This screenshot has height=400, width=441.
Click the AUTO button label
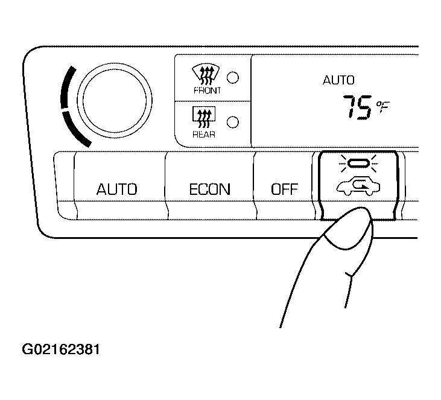point(116,189)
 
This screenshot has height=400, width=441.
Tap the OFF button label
point(284,189)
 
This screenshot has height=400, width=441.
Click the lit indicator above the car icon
point(358,163)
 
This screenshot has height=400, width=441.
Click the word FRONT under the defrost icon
point(207,90)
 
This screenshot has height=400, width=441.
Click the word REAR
point(204,135)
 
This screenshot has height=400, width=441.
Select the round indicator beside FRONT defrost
point(233,77)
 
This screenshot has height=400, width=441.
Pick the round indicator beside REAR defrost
point(233,122)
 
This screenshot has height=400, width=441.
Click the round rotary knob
point(115,100)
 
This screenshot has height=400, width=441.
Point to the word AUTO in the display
point(338,80)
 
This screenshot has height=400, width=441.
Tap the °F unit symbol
point(383,106)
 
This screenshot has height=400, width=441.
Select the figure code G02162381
point(61,350)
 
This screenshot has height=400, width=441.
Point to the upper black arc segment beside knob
point(66,87)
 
